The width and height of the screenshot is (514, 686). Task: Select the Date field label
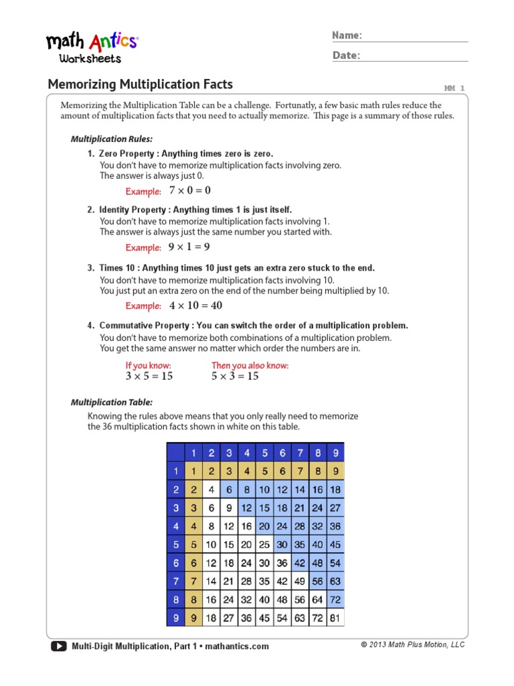[346, 56]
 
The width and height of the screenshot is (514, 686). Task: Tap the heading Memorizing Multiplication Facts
[141, 84]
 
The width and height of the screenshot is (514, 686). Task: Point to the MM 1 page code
[454, 88]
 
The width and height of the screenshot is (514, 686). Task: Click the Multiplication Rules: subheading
[112, 139]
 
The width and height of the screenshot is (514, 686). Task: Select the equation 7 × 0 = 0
[190, 191]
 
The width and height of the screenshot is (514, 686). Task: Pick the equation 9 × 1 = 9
[189, 247]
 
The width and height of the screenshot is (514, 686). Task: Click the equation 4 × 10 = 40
[195, 305]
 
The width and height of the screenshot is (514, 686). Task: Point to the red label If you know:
[148, 365]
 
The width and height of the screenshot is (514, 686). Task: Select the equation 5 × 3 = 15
[235, 376]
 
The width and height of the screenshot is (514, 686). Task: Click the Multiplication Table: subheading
[112, 403]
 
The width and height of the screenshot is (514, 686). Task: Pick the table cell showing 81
[335, 618]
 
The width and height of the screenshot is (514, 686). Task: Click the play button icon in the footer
[58, 646]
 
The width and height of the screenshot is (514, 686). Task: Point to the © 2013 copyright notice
[412, 644]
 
